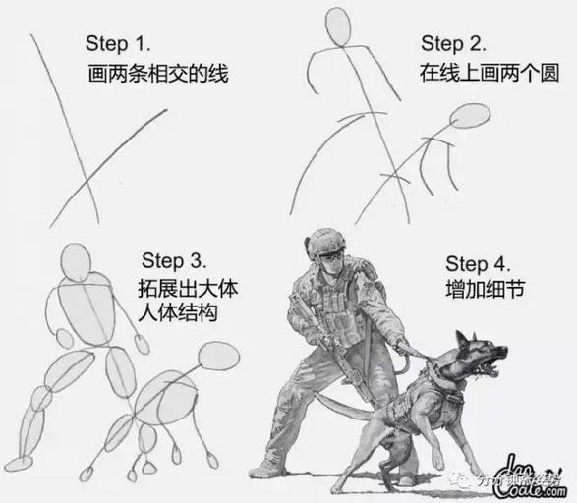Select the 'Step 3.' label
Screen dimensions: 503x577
pos(173,260)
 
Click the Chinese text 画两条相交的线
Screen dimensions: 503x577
pos(157,74)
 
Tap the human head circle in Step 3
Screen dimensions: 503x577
pos(77,261)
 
